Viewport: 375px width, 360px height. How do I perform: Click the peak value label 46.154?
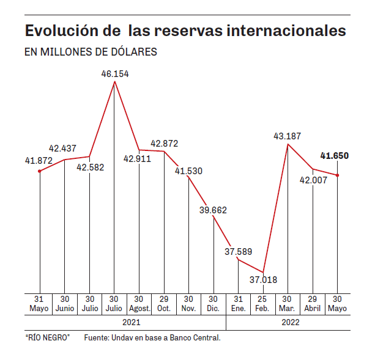(115, 73)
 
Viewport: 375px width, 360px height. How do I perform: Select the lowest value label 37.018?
(264, 280)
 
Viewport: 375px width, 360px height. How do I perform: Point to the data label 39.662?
(213, 210)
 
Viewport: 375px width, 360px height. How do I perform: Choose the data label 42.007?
(312, 180)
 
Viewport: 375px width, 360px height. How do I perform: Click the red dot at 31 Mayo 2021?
(40, 171)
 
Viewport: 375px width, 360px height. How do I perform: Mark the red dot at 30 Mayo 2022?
(338, 175)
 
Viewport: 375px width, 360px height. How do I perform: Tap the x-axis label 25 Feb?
(263, 304)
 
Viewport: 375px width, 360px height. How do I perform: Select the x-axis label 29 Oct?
(164, 304)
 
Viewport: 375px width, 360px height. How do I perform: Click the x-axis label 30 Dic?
(213, 304)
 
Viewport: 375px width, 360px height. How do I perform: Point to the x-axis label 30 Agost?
(139, 304)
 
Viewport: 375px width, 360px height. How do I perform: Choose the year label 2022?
(288, 321)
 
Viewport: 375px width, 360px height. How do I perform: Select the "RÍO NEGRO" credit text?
(48, 337)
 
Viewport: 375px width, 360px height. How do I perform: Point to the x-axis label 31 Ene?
(238, 304)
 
